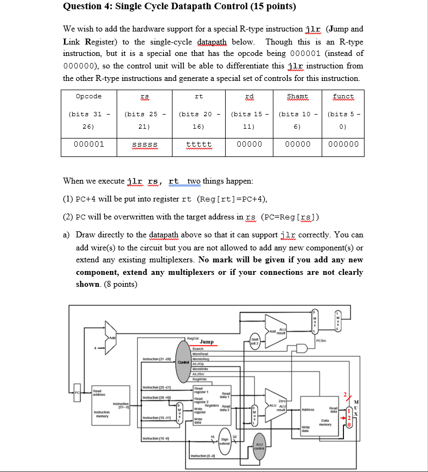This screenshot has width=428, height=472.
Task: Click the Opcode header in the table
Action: pyautogui.click(x=89, y=96)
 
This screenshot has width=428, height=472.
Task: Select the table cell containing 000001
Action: pyautogui.click(x=89, y=144)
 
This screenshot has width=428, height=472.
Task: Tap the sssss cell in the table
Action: pyautogui.click(x=144, y=144)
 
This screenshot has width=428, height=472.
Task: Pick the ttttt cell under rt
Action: pyautogui.click(x=199, y=144)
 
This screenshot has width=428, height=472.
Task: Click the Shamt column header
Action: pyautogui.click(x=298, y=96)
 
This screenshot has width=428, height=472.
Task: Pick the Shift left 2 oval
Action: pyautogui.click(x=254, y=344)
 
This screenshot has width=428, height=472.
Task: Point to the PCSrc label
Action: pyautogui.click(x=320, y=341)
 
